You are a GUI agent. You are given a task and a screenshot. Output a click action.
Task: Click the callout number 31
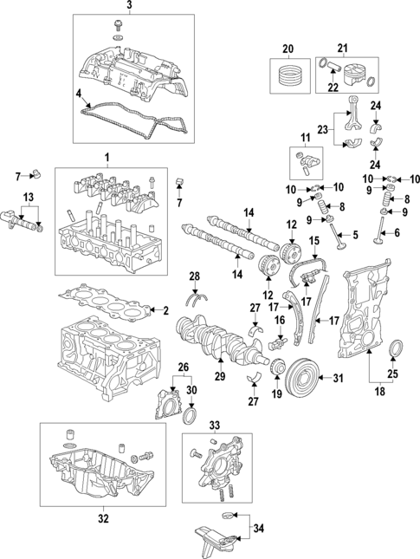(338, 377)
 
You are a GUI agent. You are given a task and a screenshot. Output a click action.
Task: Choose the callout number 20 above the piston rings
(288, 47)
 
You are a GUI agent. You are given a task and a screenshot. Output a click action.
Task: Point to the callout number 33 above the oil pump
(215, 425)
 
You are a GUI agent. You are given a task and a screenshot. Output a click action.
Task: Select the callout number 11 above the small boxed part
(304, 138)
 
